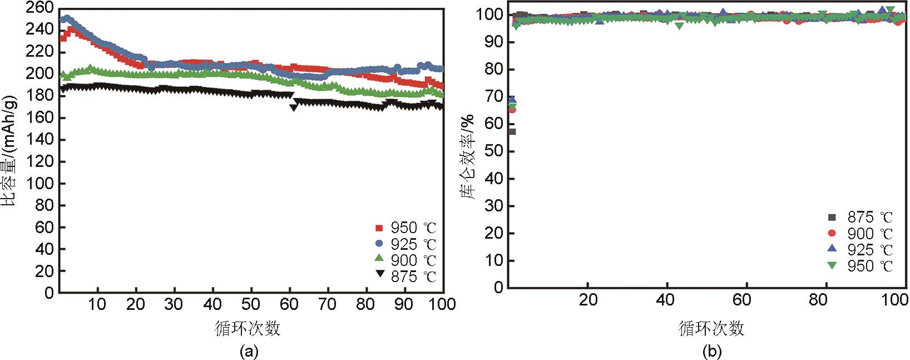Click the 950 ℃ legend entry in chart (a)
(x=405, y=228)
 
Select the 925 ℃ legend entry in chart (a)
(x=405, y=244)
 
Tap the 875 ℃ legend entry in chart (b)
(x=861, y=218)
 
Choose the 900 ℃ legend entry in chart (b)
(x=861, y=234)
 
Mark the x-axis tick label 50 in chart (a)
(x=251, y=304)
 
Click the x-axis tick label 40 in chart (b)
(x=665, y=300)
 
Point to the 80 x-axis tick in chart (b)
(x=819, y=300)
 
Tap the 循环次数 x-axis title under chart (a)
(x=248, y=328)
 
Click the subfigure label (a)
(x=248, y=351)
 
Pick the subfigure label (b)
(x=712, y=351)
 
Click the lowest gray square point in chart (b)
(x=512, y=131)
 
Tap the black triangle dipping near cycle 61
(x=294, y=107)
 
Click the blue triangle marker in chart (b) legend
(x=832, y=248)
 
